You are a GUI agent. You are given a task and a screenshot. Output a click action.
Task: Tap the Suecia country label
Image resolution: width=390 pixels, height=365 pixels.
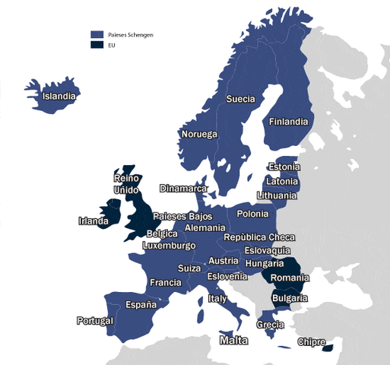tap(240, 100)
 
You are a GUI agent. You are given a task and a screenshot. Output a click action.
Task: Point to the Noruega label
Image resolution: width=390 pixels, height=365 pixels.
tap(199, 135)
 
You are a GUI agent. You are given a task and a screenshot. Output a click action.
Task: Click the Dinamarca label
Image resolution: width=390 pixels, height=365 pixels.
tap(183, 189)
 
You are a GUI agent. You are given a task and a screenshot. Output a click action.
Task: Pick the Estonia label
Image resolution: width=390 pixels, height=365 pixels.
tap(284, 167)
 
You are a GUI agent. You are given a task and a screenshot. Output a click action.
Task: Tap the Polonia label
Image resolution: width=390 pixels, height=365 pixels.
tap(252, 214)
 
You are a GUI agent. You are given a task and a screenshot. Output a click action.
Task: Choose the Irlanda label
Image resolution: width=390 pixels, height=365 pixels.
tap(94, 222)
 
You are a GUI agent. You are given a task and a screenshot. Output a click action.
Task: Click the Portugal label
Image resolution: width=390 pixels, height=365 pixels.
tap(95, 321)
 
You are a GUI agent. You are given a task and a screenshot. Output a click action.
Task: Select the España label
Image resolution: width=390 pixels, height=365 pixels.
tap(141, 304)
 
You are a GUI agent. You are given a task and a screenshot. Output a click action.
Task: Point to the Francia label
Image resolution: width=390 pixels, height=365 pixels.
tap(166, 283)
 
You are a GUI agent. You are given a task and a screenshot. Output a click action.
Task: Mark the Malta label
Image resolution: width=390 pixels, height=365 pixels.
tap(233, 341)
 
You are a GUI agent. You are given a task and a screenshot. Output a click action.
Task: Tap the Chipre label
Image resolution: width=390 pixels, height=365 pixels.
tap(312, 342)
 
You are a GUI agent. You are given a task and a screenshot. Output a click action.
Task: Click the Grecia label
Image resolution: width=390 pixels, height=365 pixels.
tap(271, 325)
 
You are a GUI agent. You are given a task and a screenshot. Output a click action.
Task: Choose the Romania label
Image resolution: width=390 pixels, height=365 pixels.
tap(290, 279)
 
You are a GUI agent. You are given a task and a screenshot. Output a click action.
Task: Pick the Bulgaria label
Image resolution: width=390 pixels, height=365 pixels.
tap(290, 299)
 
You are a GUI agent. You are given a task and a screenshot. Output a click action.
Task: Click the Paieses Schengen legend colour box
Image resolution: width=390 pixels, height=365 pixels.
tap(97, 35)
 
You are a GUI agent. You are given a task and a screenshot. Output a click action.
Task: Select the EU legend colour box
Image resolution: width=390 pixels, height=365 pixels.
tap(97, 45)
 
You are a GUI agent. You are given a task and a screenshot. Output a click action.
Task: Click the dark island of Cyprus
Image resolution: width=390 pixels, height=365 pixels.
tap(328, 349)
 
